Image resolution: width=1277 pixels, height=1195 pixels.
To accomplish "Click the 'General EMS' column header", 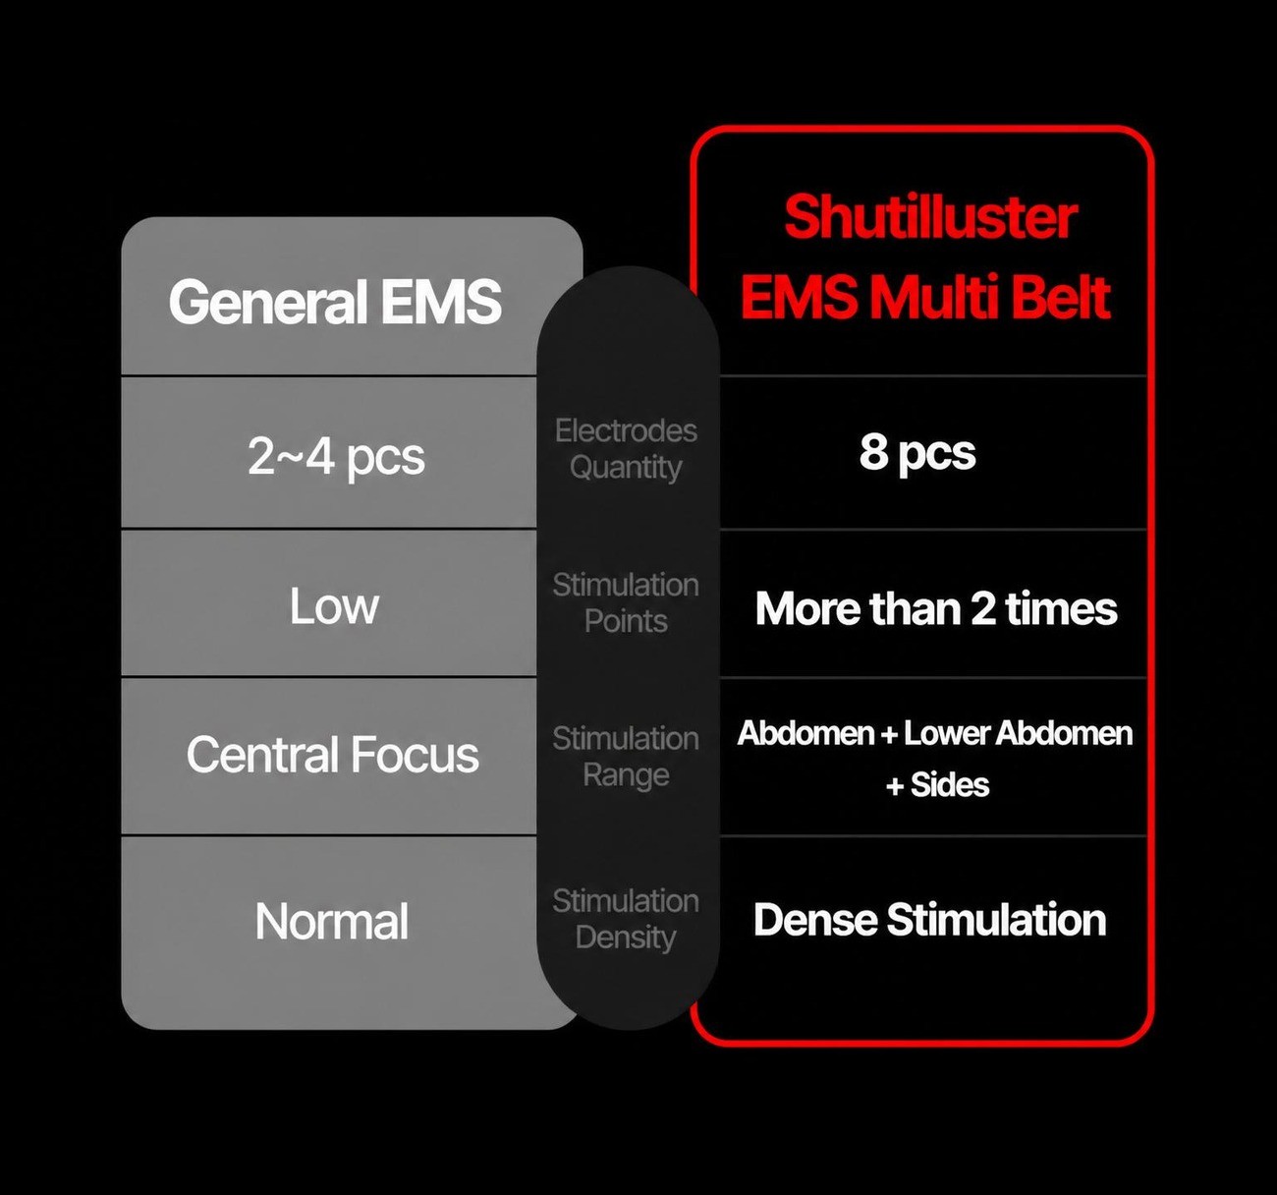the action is click(335, 301).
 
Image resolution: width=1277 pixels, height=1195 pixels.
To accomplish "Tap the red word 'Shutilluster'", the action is click(930, 217).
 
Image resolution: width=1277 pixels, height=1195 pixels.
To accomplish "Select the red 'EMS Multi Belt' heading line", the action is click(925, 298).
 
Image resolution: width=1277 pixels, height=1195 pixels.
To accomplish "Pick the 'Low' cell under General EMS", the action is click(334, 605).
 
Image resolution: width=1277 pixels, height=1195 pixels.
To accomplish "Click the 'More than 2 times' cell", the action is click(935, 608).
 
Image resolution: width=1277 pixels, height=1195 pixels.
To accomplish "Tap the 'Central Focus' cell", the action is click(332, 754).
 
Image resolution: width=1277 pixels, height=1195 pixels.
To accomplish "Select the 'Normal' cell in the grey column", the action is click(332, 921).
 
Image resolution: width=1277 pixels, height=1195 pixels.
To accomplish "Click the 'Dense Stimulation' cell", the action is click(929, 919).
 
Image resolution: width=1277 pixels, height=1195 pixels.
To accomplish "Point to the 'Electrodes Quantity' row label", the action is click(626, 448).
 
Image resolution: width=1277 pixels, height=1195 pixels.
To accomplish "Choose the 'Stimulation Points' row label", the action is click(626, 603).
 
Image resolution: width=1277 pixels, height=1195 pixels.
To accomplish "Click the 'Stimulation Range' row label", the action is click(626, 757).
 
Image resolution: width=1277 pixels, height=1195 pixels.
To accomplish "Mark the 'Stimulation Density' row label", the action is click(626, 919).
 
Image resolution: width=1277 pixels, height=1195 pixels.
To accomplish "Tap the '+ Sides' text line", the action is click(937, 784).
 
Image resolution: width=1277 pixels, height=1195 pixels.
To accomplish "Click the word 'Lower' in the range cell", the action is click(946, 733).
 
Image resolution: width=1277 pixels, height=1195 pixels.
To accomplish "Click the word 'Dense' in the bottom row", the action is click(815, 919).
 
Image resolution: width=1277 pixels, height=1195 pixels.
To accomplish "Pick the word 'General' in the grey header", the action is click(267, 301).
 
